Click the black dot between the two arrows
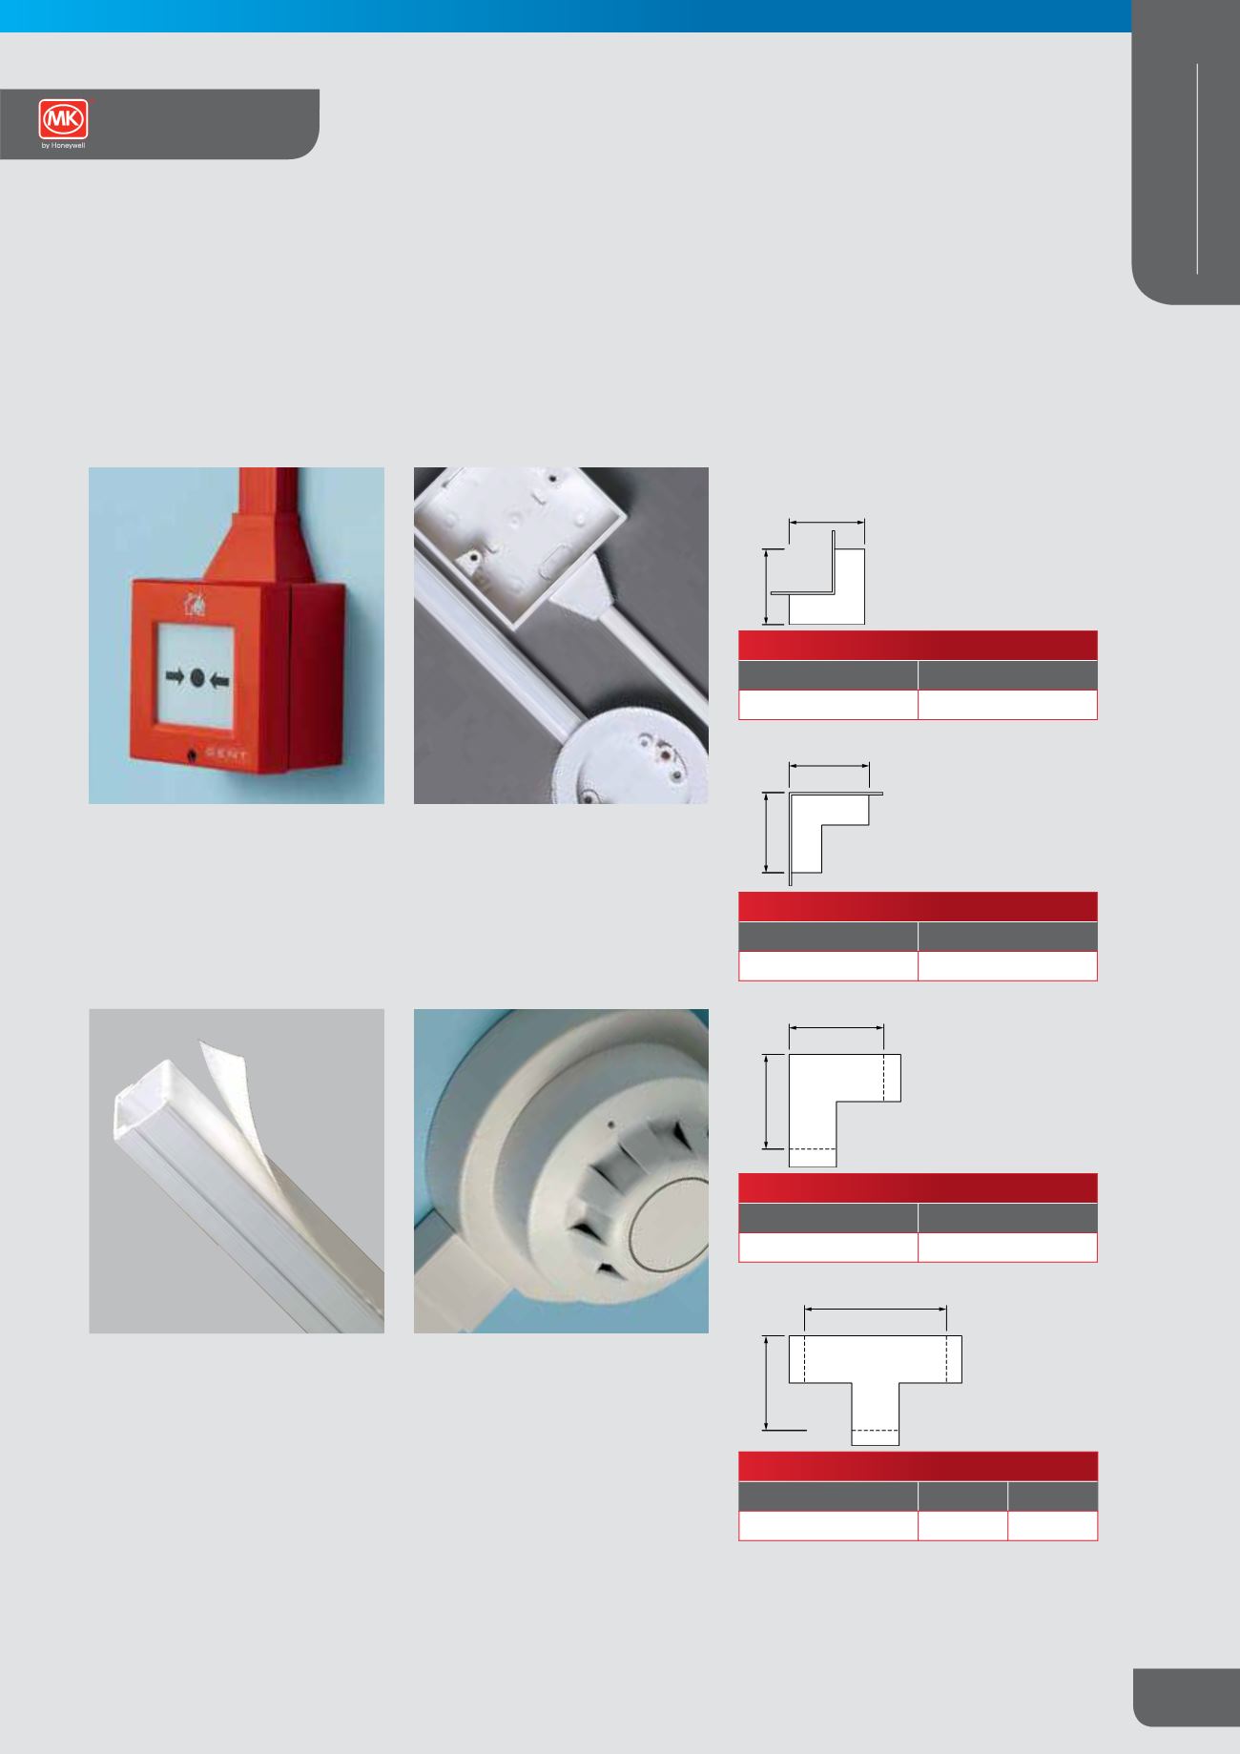point(197,678)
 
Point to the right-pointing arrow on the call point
point(176,678)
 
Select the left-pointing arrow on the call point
point(220,678)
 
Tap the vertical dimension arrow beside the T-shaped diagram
point(767,1383)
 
